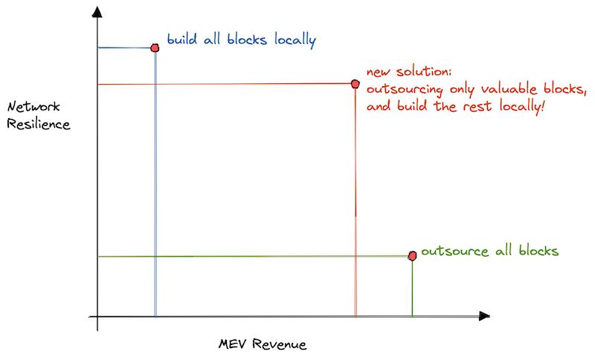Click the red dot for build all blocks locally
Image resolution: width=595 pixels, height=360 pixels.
(x=155, y=48)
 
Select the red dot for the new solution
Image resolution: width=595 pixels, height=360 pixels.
(x=356, y=84)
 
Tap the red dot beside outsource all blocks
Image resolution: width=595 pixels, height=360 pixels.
(x=412, y=256)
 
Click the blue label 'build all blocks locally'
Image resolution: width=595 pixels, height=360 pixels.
(x=241, y=40)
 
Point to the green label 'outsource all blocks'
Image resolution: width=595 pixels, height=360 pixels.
(x=489, y=251)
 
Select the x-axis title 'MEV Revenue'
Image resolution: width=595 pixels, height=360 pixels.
(x=263, y=345)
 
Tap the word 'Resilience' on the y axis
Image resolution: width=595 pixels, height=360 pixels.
(x=38, y=124)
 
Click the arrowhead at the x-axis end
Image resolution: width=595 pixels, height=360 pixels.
(x=484, y=315)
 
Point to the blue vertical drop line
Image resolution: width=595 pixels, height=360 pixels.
(x=155, y=186)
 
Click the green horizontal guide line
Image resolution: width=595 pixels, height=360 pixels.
(x=253, y=257)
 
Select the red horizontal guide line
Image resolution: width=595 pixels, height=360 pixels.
(x=223, y=84)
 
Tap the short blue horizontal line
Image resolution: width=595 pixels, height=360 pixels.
(x=123, y=48)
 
